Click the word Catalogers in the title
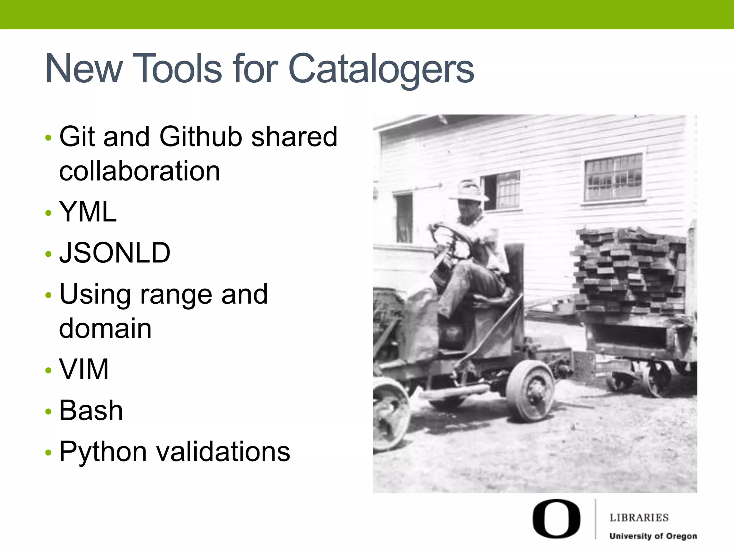(381, 69)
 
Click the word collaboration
(139, 171)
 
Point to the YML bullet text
(88, 212)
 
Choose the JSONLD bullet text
(115, 253)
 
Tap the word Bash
(91, 410)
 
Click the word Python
(103, 452)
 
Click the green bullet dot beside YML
(49, 213)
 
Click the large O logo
(556, 518)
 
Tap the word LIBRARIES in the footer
(639, 518)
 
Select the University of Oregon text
(653, 536)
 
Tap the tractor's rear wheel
(530, 390)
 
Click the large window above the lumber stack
(613, 178)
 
